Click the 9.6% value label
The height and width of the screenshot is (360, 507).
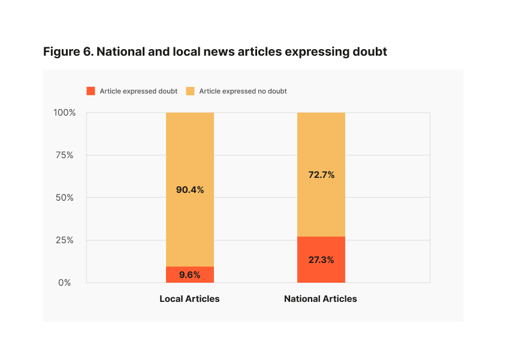coord(189,276)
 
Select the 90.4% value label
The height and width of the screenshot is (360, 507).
coord(189,190)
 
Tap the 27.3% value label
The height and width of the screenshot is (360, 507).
coord(321,260)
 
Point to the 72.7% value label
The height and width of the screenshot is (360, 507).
coord(321,175)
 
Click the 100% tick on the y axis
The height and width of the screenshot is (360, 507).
coord(64,113)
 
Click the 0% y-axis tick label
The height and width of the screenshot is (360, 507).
coord(65,283)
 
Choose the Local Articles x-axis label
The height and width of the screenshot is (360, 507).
coord(189,299)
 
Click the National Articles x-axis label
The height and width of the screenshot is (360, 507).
coord(321,299)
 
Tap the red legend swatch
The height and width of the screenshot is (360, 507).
coord(91,91)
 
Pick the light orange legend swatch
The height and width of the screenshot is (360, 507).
coord(190,91)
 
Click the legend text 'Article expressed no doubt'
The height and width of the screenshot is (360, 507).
coord(243,91)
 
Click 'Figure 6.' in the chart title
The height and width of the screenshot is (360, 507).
coord(68,52)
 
